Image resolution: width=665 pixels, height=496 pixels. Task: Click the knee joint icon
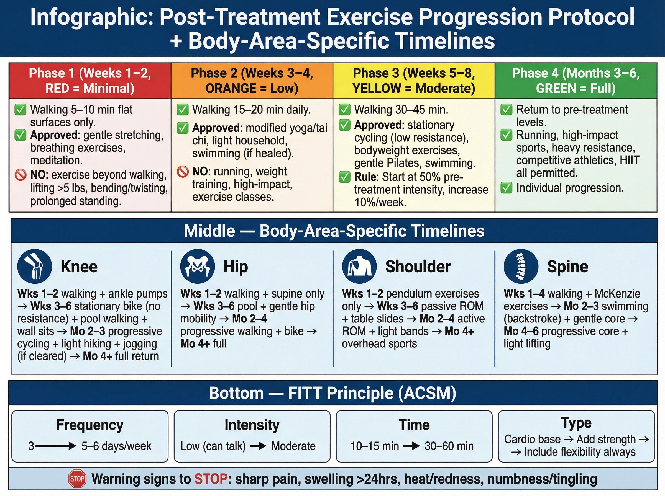[35, 266]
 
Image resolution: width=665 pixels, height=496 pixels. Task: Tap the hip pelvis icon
[198, 266]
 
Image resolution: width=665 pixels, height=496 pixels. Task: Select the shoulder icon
[359, 266]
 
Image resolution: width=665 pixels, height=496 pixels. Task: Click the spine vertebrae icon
[521, 266]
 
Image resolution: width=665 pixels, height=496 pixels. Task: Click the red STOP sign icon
[77, 479]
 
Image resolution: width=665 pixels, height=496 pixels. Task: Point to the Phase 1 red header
[90, 81]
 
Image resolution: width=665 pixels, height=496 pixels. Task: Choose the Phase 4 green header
[576, 81]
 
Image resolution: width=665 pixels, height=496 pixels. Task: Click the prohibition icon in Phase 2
[182, 172]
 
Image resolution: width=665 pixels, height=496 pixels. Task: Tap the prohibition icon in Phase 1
[21, 175]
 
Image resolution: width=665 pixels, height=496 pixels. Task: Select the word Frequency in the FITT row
[90, 425]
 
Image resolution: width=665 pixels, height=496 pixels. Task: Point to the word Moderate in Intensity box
[293, 446]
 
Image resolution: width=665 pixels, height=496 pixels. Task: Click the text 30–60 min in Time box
[449, 446]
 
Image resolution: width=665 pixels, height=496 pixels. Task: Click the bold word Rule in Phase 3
[365, 177]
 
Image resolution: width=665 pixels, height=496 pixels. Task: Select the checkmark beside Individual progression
[506, 188]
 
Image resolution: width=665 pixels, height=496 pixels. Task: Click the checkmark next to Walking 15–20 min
[182, 110]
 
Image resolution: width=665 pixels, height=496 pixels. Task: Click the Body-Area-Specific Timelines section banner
[334, 231]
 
